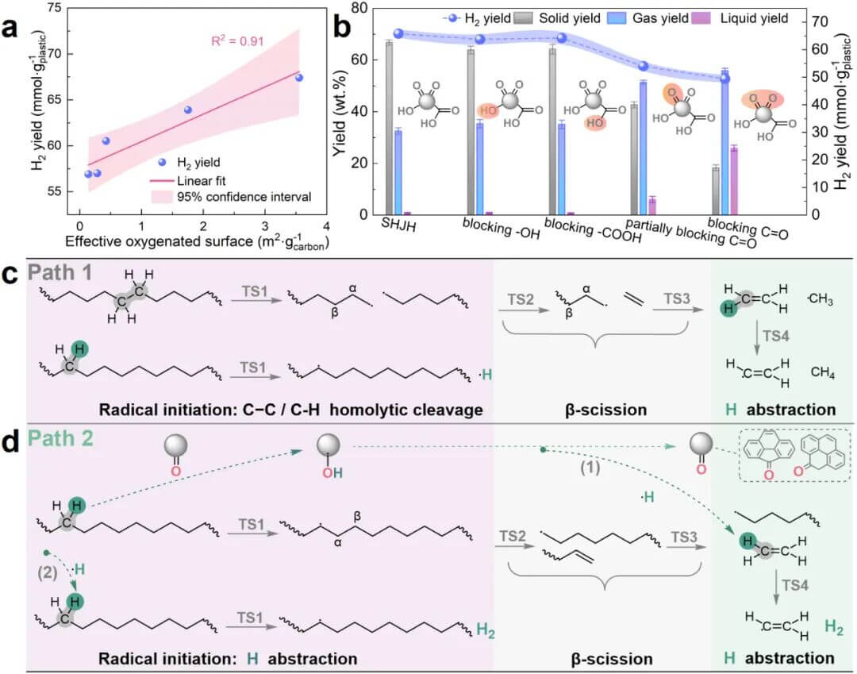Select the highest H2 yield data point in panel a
[x=299, y=78]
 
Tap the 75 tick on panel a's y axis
[x=52, y=8]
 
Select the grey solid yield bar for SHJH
[x=389, y=128]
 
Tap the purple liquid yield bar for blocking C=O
[x=734, y=181]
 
